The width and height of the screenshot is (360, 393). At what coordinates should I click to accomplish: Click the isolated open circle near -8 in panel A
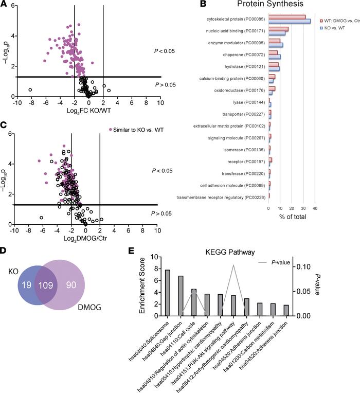[30, 90]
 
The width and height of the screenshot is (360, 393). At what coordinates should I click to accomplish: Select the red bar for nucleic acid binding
[278, 29]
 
